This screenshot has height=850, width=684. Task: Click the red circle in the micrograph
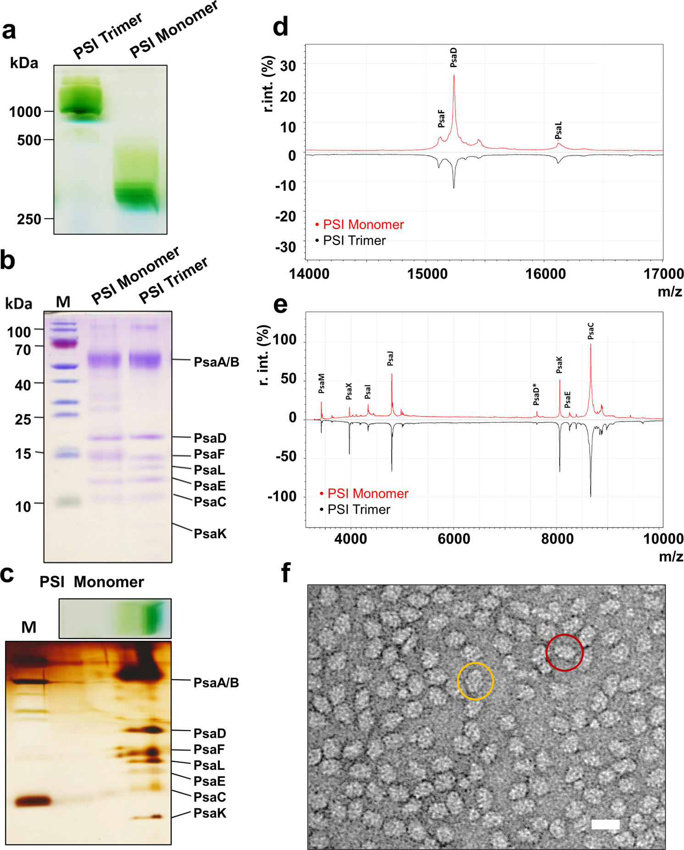(564, 652)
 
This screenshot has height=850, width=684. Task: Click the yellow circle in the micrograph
(475, 681)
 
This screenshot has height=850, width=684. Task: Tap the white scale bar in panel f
(606, 824)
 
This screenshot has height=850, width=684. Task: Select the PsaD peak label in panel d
(454, 58)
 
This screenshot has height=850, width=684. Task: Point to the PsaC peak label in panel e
(590, 331)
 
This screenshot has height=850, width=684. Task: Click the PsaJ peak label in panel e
(390, 358)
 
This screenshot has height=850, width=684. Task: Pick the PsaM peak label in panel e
(322, 383)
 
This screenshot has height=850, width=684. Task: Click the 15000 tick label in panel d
(428, 274)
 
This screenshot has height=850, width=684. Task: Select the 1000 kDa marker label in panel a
(25, 111)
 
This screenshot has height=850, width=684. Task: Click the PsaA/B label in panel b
(217, 362)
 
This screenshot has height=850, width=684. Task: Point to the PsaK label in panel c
(210, 813)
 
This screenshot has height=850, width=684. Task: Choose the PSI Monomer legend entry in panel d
(363, 224)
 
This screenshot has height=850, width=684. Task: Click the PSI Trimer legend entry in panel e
(358, 509)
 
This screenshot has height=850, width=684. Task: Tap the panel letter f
(285, 572)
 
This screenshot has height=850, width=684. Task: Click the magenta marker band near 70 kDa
(65, 343)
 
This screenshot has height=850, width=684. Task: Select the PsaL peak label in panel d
(558, 131)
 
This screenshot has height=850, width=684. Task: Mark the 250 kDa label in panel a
(29, 219)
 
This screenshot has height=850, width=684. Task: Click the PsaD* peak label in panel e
(536, 394)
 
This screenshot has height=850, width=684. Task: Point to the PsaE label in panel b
(210, 486)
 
